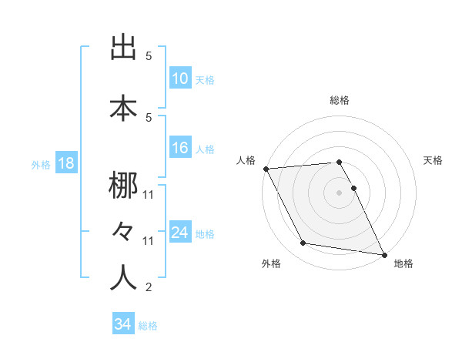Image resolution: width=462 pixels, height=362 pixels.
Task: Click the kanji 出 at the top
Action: tap(122, 49)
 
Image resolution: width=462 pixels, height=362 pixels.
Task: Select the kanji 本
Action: tap(122, 109)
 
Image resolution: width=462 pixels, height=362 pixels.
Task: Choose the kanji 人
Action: tap(122, 277)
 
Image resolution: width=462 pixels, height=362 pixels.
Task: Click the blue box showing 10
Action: tap(180, 79)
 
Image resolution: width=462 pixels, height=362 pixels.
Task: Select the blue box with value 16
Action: tap(180, 149)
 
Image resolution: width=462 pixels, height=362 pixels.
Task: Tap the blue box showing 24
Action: tap(180, 233)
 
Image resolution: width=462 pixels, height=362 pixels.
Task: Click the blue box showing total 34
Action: tap(123, 324)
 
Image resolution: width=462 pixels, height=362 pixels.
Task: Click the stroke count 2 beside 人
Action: tap(148, 287)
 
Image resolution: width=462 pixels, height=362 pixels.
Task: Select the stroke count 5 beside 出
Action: tap(149, 56)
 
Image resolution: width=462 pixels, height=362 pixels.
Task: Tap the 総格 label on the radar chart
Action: tap(340, 100)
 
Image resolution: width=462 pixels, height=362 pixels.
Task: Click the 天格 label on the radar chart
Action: tap(434, 160)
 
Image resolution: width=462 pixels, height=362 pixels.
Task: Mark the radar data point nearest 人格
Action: tap(266, 169)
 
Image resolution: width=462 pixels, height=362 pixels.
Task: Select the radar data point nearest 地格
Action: tap(383, 253)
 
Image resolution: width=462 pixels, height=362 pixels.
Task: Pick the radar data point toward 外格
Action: tap(303, 243)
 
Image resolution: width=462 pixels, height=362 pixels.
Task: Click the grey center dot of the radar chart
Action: tap(340, 193)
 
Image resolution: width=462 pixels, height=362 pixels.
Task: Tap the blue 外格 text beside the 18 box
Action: tap(40, 165)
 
